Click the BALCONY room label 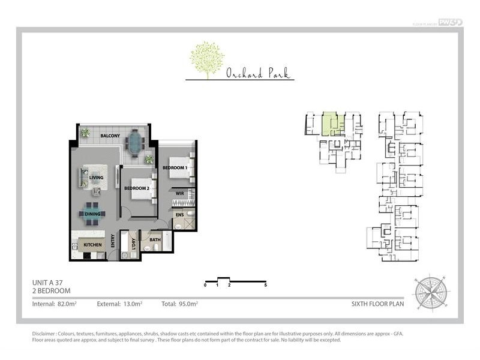(110, 136)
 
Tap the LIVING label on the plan (96, 178)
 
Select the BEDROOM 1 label (175, 167)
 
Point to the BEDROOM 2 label (137, 188)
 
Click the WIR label (179, 193)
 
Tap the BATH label (155, 240)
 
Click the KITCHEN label (94, 245)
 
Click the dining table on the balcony (136, 143)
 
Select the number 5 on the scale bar (265, 285)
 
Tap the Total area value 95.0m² (188, 304)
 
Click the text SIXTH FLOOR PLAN (377, 304)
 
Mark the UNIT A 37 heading (51, 282)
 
